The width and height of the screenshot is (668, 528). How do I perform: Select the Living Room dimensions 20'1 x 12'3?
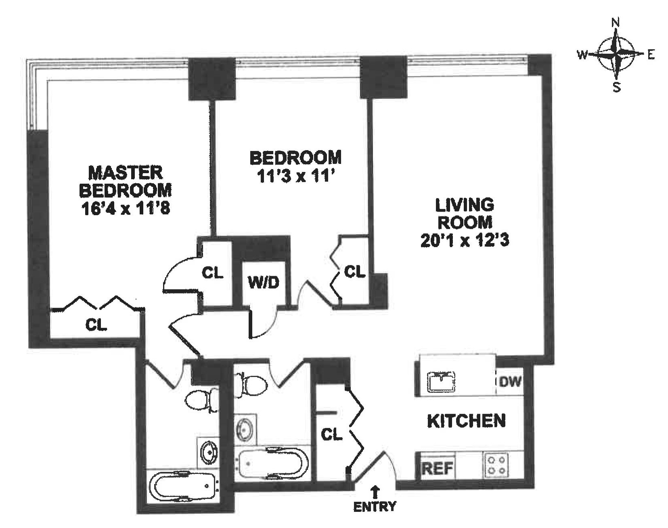[465, 241]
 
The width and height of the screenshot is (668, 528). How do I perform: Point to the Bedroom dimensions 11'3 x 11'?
[295, 177]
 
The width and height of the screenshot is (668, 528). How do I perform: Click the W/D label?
[263, 283]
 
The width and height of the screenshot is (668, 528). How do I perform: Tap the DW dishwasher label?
[510, 381]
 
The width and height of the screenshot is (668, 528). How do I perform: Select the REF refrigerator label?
[438, 469]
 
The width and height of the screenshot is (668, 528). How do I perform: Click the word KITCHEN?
[466, 421]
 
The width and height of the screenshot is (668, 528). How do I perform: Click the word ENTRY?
[375, 506]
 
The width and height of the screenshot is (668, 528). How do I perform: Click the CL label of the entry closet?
[331, 434]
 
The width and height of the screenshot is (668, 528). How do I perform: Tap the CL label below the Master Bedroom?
[96, 325]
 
